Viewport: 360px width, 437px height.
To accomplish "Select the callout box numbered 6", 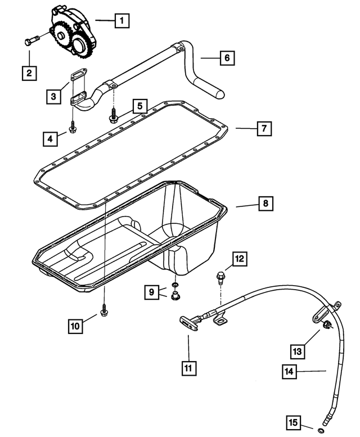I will pyautogui.click(x=227, y=58).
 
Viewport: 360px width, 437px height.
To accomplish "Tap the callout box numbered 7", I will pyautogui.click(x=263, y=129).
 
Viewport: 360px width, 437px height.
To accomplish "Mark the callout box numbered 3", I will pyautogui.click(x=53, y=96).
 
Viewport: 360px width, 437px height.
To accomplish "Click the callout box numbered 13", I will pyautogui.click(x=298, y=351).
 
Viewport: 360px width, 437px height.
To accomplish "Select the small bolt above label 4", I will pyautogui.click(x=73, y=129).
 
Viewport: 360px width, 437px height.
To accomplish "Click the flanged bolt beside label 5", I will pyautogui.click(x=113, y=118).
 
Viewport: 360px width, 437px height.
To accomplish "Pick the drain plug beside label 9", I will pyautogui.click(x=174, y=295).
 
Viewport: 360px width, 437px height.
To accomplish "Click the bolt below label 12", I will pyautogui.click(x=220, y=277).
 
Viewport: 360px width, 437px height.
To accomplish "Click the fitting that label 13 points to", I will pyautogui.click(x=326, y=325).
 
